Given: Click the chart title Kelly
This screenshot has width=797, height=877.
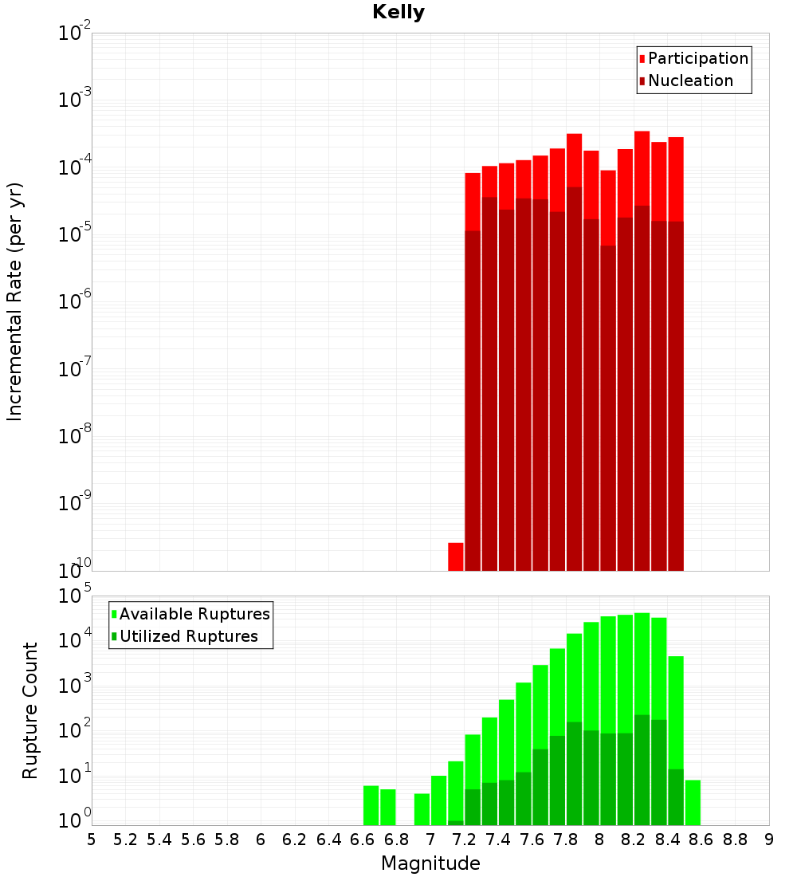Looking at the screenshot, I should click(x=398, y=13).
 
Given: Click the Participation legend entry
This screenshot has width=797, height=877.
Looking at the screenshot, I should click(x=697, y=58).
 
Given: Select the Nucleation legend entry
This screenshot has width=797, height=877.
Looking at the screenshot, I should click(x=689, y=81).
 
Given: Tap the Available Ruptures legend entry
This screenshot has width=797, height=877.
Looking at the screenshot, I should click(x=194, y=614).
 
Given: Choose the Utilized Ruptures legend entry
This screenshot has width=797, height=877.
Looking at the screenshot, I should click(x=188, y=636).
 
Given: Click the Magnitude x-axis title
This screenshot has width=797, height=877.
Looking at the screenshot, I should click(x=430, y=863).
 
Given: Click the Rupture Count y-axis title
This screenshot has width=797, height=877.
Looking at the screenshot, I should click(x=30, y=710).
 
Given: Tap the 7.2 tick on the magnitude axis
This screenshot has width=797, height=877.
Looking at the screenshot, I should click(x=464, y=840).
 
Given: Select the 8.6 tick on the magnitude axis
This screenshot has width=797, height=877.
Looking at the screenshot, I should click(x=701, y=840).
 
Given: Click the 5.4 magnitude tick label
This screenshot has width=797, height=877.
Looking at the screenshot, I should click(x=159, y=840).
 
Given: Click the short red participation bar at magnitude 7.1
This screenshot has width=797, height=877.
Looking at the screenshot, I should click(x=456, y=556).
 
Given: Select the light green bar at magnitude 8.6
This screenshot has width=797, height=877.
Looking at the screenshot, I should click(x=693, y=803).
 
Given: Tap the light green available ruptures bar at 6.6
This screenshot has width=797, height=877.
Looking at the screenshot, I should click(x=371, y=805).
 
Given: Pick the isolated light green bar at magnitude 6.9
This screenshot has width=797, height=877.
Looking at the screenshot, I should click(x=422, y=809).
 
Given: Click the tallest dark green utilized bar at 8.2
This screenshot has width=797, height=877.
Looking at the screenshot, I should click(x=642, y=769).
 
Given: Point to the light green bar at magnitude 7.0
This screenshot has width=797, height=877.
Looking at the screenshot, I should click(x=438, y=800).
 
